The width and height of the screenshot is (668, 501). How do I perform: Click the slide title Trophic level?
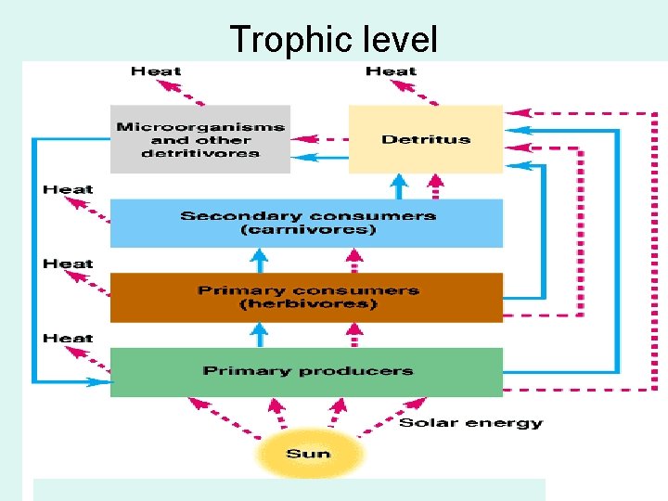point(333,39)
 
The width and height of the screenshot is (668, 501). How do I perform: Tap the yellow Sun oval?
point(309,454)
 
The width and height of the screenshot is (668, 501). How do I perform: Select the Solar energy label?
point(470,423)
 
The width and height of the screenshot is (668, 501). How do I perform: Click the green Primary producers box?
point(306,371)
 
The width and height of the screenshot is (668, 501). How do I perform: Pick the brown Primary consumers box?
point(306,297)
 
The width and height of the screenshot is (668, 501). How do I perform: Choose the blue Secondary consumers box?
point(306,223)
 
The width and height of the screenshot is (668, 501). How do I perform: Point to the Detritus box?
point(425,139)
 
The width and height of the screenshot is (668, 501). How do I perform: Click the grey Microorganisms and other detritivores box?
point(199,139)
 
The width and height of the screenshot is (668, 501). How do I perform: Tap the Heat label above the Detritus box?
point(391,71)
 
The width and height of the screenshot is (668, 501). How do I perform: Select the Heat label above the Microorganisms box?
point(156,71)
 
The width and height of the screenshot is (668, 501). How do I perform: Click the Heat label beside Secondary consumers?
point(68,189)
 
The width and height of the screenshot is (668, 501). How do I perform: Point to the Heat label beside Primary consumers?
point(68,263)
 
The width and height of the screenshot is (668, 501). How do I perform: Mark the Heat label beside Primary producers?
point(68,338)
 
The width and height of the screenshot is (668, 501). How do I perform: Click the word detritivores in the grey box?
point(199,154)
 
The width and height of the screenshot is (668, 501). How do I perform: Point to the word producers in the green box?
point(357,371)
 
